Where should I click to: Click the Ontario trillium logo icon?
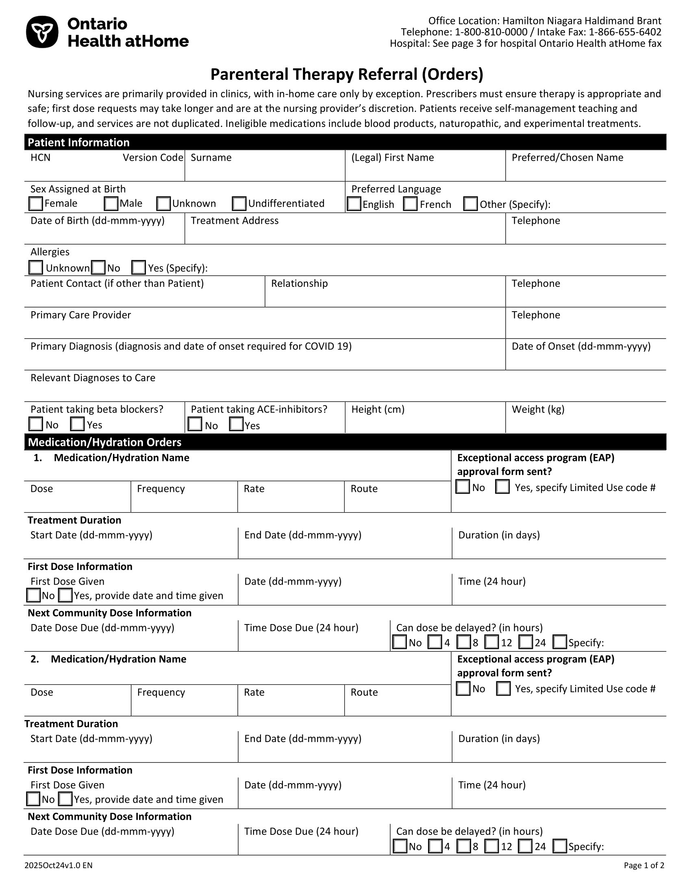click(x=42, y=32)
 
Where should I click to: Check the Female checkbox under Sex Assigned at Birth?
click(x=36, y=204)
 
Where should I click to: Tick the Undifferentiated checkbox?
click(x=239, y=204)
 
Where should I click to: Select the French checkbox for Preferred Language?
click(x=410, y=204)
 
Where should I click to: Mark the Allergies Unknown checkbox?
click(x=36, y=268)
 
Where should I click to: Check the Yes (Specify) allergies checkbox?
click(x=138, y=268)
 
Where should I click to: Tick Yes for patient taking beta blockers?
click(x=77, y=424)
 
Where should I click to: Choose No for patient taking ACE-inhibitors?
click(x=195, y=425)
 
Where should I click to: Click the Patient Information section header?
click(x=78, y=142)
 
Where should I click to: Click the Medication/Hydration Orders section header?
click(x=104, y=442)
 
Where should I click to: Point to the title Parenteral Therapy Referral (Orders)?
click(x=347, y=74)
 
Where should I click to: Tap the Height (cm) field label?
click(x=378, y=409)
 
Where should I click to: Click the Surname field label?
click(x=211, y=158)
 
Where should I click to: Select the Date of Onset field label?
click(x=581, y=346)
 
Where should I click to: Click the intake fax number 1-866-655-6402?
click(x=625, y=32)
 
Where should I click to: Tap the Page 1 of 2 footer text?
click(x=644, y=865)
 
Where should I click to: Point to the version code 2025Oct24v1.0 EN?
click(x=59, y=865)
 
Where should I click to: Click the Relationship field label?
click(x=299, y=284)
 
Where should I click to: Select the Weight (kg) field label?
click(x=538, y=409)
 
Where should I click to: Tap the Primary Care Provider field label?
click(x=80, y=315)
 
